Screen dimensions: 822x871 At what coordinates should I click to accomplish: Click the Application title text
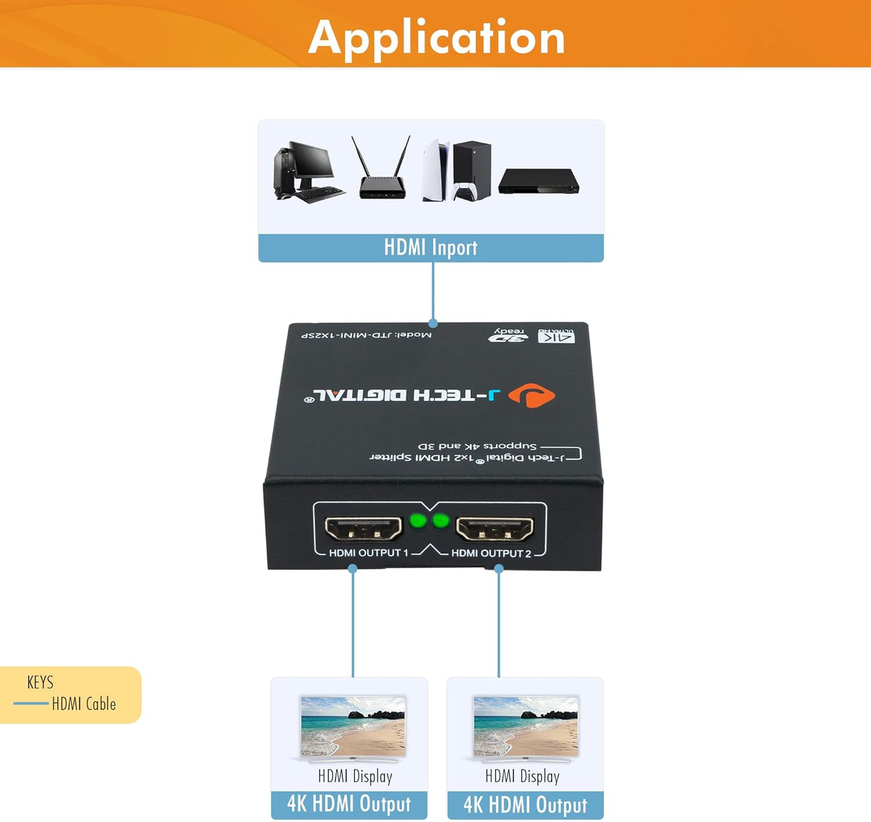coord(436,37)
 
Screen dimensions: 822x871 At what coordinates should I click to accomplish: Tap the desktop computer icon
coord(307,171)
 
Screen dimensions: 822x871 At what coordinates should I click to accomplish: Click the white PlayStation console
coord(436,171)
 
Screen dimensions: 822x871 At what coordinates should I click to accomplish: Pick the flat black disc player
coord(538,181)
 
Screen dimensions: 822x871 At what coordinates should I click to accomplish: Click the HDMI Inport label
coord(430,248)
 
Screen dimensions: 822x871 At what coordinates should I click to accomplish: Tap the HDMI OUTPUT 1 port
coord(363,529)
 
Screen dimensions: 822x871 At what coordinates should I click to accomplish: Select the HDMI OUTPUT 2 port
coord(494,529)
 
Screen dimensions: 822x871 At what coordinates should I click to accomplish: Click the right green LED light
coord(441,521)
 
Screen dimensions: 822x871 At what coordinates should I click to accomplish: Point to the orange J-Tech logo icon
coord(531,395)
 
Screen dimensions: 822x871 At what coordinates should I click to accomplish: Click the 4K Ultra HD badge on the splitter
coord(556,336)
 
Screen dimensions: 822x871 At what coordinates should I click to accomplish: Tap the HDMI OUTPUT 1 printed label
coord(368,553)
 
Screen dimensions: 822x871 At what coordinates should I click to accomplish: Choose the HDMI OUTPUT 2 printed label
coord(491,553)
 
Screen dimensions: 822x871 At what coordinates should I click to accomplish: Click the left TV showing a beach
coord(353,726)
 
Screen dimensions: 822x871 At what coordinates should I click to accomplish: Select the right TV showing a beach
coord(526,726)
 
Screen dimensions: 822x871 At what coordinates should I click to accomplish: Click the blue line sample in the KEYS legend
coord(31,703)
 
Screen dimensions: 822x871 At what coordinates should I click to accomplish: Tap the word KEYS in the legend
coord(40,682)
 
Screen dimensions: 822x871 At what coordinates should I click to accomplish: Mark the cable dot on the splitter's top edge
coord(433,324)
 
